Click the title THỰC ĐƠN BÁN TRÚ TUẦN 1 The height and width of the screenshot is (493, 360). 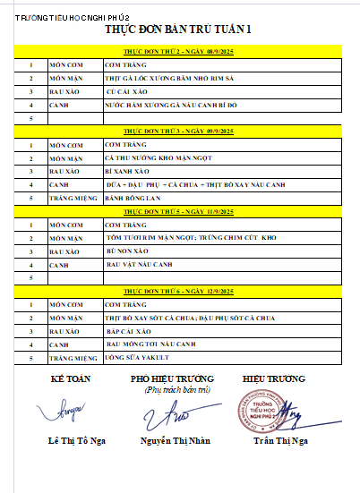179,30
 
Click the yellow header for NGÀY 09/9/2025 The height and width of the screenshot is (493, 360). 180,131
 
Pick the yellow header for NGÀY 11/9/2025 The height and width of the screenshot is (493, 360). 180,211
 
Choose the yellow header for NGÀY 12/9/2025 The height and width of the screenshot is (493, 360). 180,292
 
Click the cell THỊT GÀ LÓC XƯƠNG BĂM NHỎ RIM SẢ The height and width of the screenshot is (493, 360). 161,78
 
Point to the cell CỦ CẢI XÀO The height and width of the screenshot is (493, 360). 126,91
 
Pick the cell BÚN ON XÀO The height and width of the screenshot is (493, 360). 125,252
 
